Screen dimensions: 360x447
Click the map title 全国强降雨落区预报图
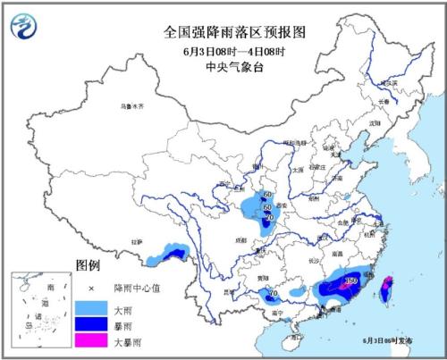click(x=223, y=30)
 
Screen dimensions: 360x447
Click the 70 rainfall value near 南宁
click(x=274, y=293)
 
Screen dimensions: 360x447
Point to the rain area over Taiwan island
click(x=386, y=289)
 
